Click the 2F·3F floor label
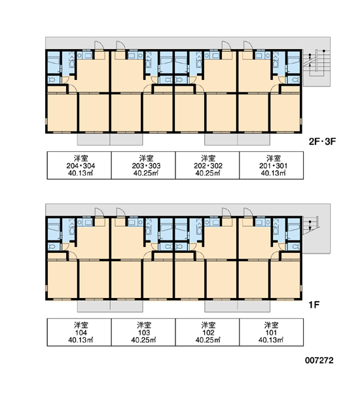(x=322, y=141)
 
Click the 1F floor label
(x=314, y=305)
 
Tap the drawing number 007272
(x=319, y=360)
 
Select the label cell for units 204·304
(x=79, y=165)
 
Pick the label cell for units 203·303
(x=143, y=165)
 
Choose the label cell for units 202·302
(x=207, y=165)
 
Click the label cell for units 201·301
(x=272, y=165)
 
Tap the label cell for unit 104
(x=79, y=332)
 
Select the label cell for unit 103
(x=143, y=332)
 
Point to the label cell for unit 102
(x=207, y=332)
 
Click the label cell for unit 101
(x=272, y=332)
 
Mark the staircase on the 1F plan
(x=311, y=225)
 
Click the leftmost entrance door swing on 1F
(x=99, y=212)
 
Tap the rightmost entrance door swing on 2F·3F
(x=248, y=45)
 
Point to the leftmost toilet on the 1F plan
(x=52, y=247)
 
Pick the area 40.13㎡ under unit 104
(x=81, y=340)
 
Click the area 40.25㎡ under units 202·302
(x=207, y=173)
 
